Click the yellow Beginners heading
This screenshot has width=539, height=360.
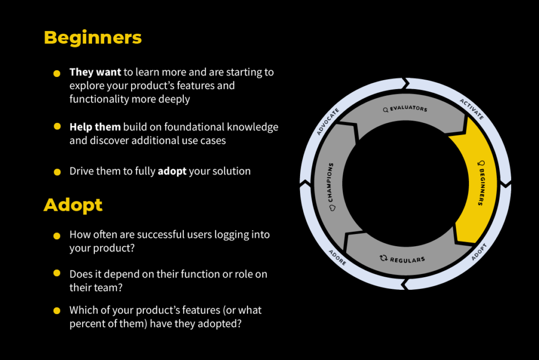[x=93, y=38]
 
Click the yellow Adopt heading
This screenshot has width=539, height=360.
[x=73, y=205]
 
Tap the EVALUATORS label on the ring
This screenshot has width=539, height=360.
[x=408, y=109]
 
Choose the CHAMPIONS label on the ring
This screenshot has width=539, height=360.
[x=331, y=182]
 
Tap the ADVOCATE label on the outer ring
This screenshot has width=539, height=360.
[x=328, y=122]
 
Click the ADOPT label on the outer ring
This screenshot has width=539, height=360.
[x=480, y=252]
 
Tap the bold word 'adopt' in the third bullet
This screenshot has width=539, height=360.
[x=172, y=171]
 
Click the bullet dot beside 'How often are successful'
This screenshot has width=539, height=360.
[x=57, y=236]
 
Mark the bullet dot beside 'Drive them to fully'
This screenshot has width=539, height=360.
[x=57, y=172]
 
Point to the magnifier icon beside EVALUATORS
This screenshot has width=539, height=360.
[x=386, y=110]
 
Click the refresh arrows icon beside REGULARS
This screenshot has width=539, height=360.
[x=383, y=258]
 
